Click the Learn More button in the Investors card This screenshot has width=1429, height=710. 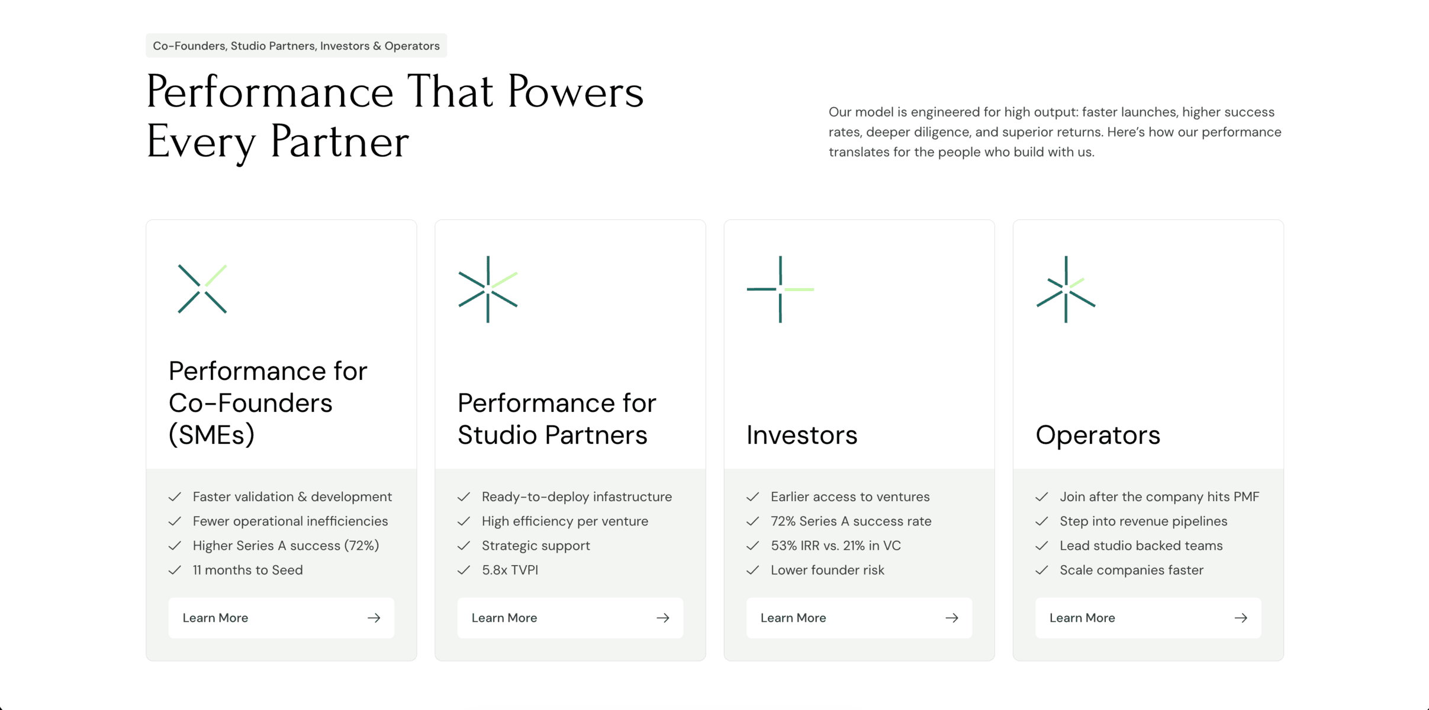pos(858,618)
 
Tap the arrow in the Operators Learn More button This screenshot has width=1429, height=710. pos(1241,618)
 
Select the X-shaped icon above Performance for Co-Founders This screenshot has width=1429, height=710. pos(202,289)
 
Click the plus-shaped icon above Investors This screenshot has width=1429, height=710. pos(780,289)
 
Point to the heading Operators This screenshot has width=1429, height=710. pos(1098,435)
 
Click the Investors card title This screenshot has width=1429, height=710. pos(802,435)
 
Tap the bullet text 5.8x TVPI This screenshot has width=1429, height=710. pos(510,570)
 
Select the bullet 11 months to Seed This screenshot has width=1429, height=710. pos(247,570)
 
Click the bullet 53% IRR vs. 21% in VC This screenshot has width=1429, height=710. pos(835,546)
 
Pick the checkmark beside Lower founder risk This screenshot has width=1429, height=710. pos(752,570)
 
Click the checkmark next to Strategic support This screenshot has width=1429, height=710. pos(464,546)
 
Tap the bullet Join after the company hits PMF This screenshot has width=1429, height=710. pos(1159,496)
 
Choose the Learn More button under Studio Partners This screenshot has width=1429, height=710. pos(569,618)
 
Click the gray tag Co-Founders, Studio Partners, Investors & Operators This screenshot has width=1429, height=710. pos(296,46)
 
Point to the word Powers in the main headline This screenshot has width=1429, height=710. pos(575,92)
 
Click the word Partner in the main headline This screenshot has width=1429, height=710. pos(339,142)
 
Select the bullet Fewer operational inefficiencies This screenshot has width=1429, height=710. pos(290,521)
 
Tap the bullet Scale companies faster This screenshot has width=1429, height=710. pos(1131,570)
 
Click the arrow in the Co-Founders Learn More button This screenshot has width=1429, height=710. pos(374,618)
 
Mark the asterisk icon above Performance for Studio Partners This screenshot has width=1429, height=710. pos(488,289)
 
